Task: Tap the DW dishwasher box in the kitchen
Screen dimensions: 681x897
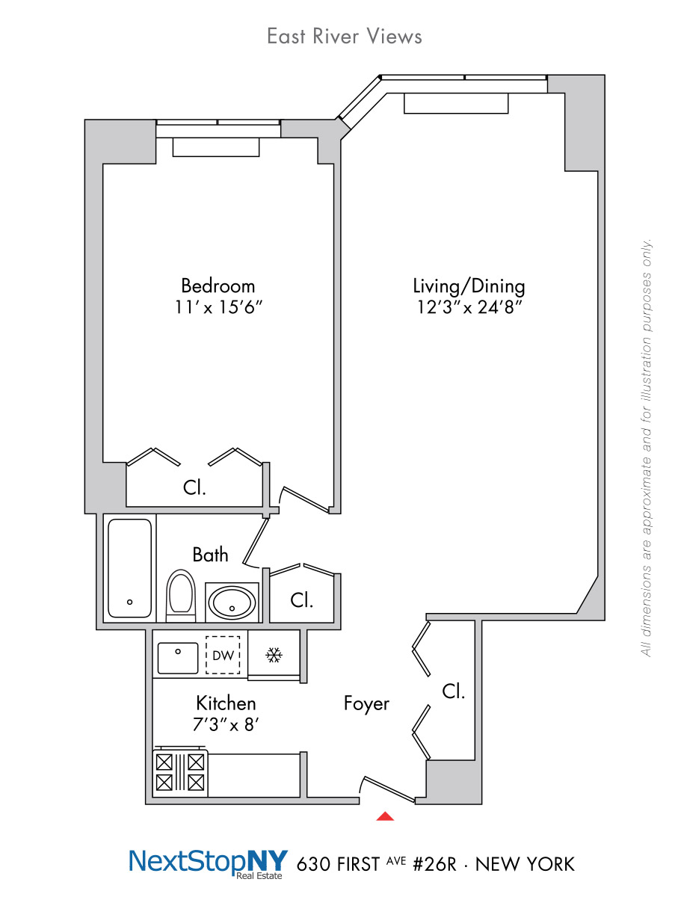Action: click(x=222, y=655)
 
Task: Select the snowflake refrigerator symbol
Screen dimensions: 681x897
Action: click(x=274, y=655)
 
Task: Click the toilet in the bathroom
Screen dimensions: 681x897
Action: click(x=181, y=596)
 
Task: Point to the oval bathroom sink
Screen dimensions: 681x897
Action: click(x=232, y=602)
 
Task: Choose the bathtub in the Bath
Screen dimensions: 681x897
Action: click(x=129, y=568)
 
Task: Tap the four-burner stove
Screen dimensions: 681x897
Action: click(x=179, y=771)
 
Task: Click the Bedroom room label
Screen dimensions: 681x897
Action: click(x=218, y=286)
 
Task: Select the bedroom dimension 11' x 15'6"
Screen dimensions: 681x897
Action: click(x=218, y=307)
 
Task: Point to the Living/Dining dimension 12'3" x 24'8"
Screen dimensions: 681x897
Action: click(x=469, y=307)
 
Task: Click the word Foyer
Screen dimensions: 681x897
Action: click(x=366, y=703)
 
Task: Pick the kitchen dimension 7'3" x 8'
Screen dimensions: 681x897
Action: click(x=226, y=724)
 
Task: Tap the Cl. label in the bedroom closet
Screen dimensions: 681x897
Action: click(x=194, y=487)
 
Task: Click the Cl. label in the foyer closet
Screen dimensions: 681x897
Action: click(x=453, y=691)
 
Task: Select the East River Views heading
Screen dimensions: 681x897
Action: click(x=345, y=36)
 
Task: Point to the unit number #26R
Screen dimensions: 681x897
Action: click(x=434, y=864)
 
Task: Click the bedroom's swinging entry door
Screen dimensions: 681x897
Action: click(x=305, y=499)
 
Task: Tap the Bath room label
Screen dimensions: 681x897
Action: click(x=210, y=555)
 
